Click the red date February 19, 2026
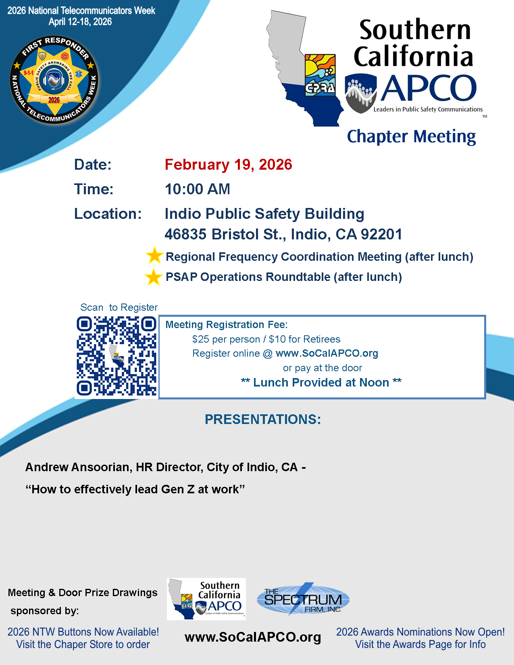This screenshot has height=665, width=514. click(228, 165)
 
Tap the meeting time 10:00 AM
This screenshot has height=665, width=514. click(198, 189)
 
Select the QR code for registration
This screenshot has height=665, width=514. click(117, 356)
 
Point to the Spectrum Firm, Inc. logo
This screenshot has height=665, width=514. click(303, 599)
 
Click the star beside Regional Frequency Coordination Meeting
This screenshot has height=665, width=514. click(154, 256)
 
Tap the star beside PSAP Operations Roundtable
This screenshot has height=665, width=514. click(153, 277)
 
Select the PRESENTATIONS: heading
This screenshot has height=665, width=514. click(263, 420)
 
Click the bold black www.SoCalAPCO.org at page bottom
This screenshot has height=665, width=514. click(253, 637)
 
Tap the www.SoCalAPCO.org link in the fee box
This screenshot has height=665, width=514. click(327, 353)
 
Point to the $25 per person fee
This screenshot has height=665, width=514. click(226, 339)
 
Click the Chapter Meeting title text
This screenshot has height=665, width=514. click(411, 137)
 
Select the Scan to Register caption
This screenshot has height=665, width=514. click(119, 308)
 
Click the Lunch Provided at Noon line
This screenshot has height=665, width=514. click(321, 382)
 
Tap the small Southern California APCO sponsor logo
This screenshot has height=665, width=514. click(206, 599)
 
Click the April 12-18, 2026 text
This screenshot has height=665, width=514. click(80, 22)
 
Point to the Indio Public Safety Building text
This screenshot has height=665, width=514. click(264, 214)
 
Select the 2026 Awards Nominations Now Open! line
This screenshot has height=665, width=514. click(420, 632)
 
